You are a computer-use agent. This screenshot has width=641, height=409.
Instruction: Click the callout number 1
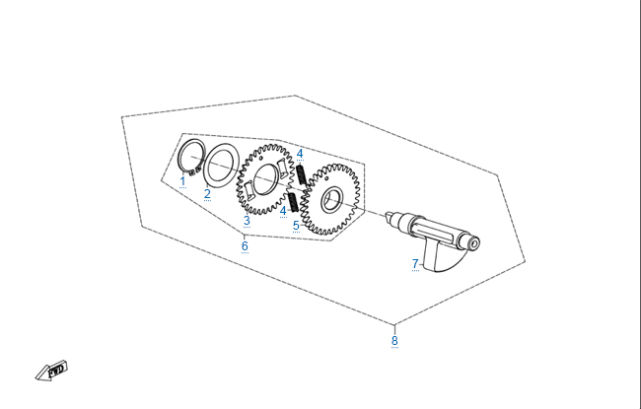coord(182,181)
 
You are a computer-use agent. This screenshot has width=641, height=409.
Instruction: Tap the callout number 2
coord(207,194)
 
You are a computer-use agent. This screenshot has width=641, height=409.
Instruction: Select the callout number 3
coord(247,221)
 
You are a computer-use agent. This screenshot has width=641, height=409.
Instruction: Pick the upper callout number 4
coord(300,154)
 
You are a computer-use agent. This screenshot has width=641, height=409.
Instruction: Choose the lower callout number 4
coord(283,211)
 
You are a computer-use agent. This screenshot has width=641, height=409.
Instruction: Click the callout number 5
coord(297,226)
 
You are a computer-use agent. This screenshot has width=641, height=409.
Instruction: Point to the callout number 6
coord(245,246)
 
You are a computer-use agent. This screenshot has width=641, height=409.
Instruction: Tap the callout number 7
coord(415,264)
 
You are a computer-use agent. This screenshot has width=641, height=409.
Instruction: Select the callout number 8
coord(394,340)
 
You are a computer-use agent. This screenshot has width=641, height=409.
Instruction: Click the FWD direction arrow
coord(51,371)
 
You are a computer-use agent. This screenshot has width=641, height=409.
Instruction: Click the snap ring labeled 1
coord(191,155)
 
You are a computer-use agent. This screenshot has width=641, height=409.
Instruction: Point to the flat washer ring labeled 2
coord(221,165)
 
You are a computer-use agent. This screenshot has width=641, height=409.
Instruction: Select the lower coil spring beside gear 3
coord(293,202)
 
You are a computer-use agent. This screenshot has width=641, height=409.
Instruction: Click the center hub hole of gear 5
coord(331,200)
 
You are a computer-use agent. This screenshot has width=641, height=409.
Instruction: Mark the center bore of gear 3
coord(266,179)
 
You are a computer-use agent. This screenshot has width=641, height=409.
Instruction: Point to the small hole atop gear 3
coord(261,158)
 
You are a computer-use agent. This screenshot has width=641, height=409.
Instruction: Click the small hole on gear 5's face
coord(326,178)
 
